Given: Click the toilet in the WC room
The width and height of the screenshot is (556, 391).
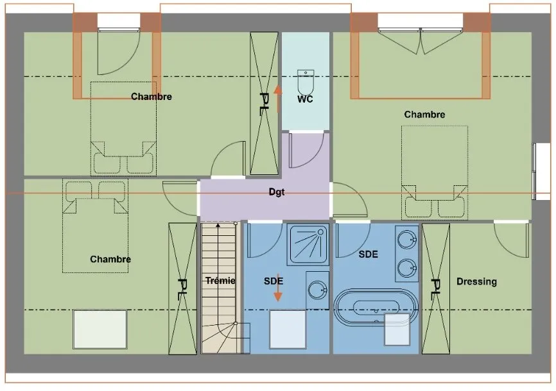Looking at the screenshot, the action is click(x=306, y=82).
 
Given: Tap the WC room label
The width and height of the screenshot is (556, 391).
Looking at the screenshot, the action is click(x=305, y=99).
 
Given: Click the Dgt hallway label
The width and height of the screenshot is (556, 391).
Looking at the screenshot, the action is click(x=277, y=192).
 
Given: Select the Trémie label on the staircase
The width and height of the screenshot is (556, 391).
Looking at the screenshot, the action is click(x=220, y=281).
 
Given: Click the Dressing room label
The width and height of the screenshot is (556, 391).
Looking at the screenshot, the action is click(x=476, y=281).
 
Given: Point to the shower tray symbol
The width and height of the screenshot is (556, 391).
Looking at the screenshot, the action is click(x=308, y=244).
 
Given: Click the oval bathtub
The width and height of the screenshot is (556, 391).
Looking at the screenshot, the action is click(x=376, y=308).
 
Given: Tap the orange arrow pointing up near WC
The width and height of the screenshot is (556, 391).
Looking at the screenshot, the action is click(x=278, y=99).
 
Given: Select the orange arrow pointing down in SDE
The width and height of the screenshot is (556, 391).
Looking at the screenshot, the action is click(x=278, y=287).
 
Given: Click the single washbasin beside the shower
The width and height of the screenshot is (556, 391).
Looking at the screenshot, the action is click(x=317, y=290).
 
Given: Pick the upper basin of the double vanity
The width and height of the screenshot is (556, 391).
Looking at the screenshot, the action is click(x=407, y=240).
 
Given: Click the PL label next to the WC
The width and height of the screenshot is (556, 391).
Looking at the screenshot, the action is click(x=264, y=104).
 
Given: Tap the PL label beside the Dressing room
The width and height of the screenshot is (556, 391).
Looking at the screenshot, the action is click(x=435, y=289).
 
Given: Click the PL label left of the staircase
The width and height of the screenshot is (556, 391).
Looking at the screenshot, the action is click(x=182, y=289).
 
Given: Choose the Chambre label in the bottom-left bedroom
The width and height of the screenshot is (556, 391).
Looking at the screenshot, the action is click(x=110, y=259).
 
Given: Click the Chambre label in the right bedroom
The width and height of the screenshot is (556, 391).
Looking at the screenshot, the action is click(x=424, y=114).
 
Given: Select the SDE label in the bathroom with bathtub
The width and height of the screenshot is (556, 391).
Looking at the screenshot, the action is click(x=368, y=254).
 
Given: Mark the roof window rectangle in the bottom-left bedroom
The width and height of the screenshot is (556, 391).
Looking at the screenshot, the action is click(x=100, y=329).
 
